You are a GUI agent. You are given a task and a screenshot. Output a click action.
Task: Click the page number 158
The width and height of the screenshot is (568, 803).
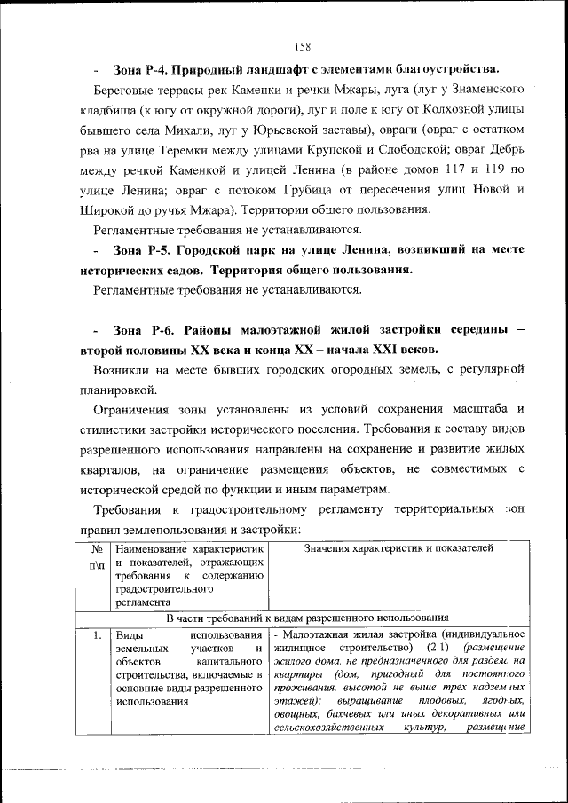pyautogui.click(x=301, y=46)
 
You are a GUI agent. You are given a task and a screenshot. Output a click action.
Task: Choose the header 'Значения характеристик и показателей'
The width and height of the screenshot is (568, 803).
pyautogui.click(x=397, y=550)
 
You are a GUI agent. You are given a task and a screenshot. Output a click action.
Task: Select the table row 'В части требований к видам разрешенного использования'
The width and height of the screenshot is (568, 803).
pyautogui.click(x=303, y=617)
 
